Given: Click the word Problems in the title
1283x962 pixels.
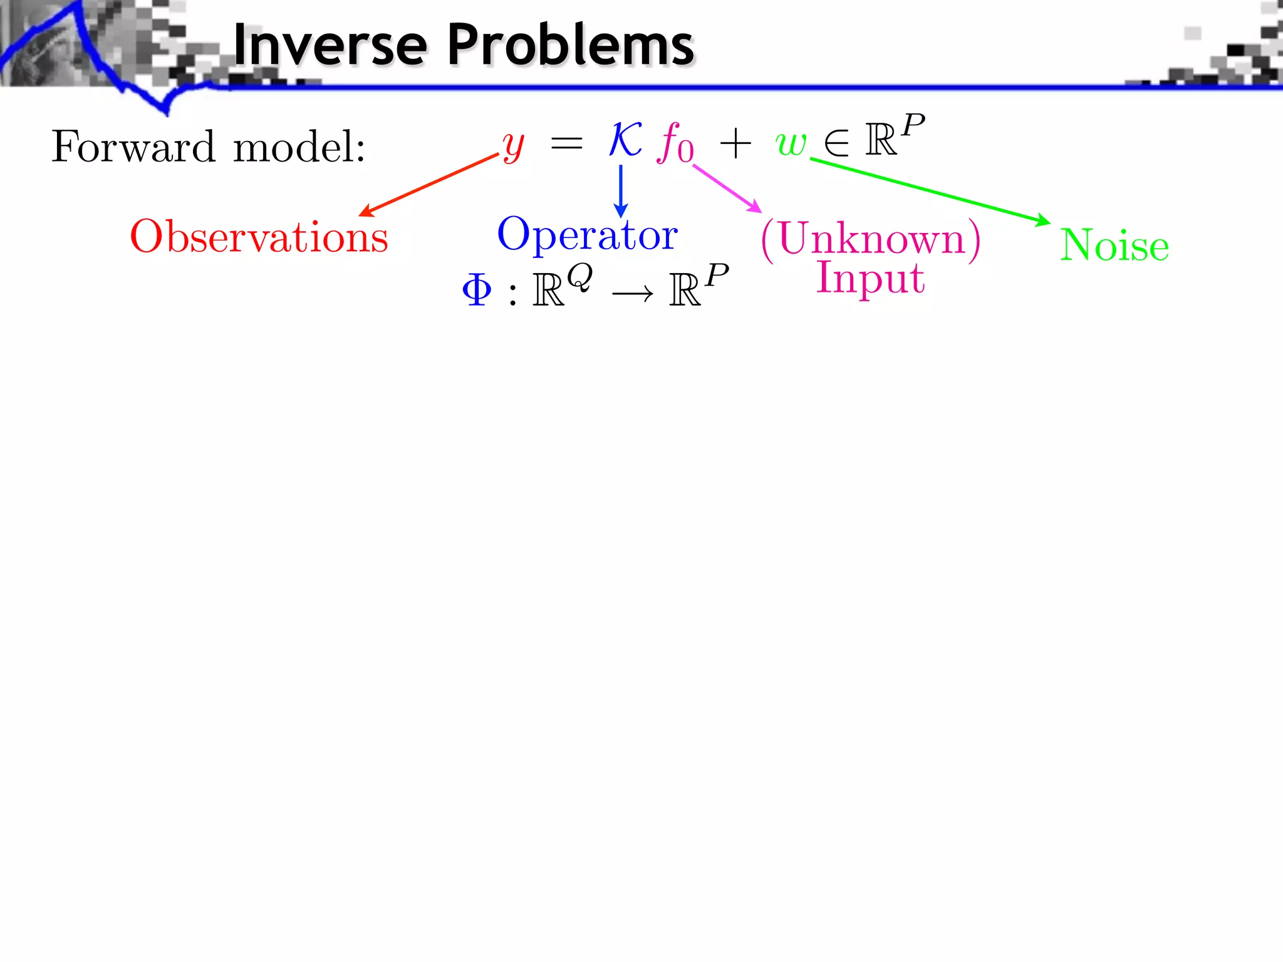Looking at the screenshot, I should [571, 45].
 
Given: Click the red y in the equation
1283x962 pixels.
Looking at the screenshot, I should [513, 146].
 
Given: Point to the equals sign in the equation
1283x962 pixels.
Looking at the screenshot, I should [566, 144].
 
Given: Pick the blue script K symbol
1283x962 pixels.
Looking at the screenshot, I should [625, 139].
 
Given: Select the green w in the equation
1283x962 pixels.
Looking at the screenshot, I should [791, 143].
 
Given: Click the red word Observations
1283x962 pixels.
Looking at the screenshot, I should [259, 237].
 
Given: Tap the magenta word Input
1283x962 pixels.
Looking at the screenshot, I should [870, 277].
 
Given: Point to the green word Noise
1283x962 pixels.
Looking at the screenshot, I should [1114, 245].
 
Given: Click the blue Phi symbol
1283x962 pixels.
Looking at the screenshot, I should [477, 290].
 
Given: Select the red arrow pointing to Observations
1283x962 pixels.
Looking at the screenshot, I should [429, 185].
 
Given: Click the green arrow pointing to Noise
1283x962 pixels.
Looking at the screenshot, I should [930, 190].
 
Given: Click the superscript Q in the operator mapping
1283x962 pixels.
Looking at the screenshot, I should [579, 277].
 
